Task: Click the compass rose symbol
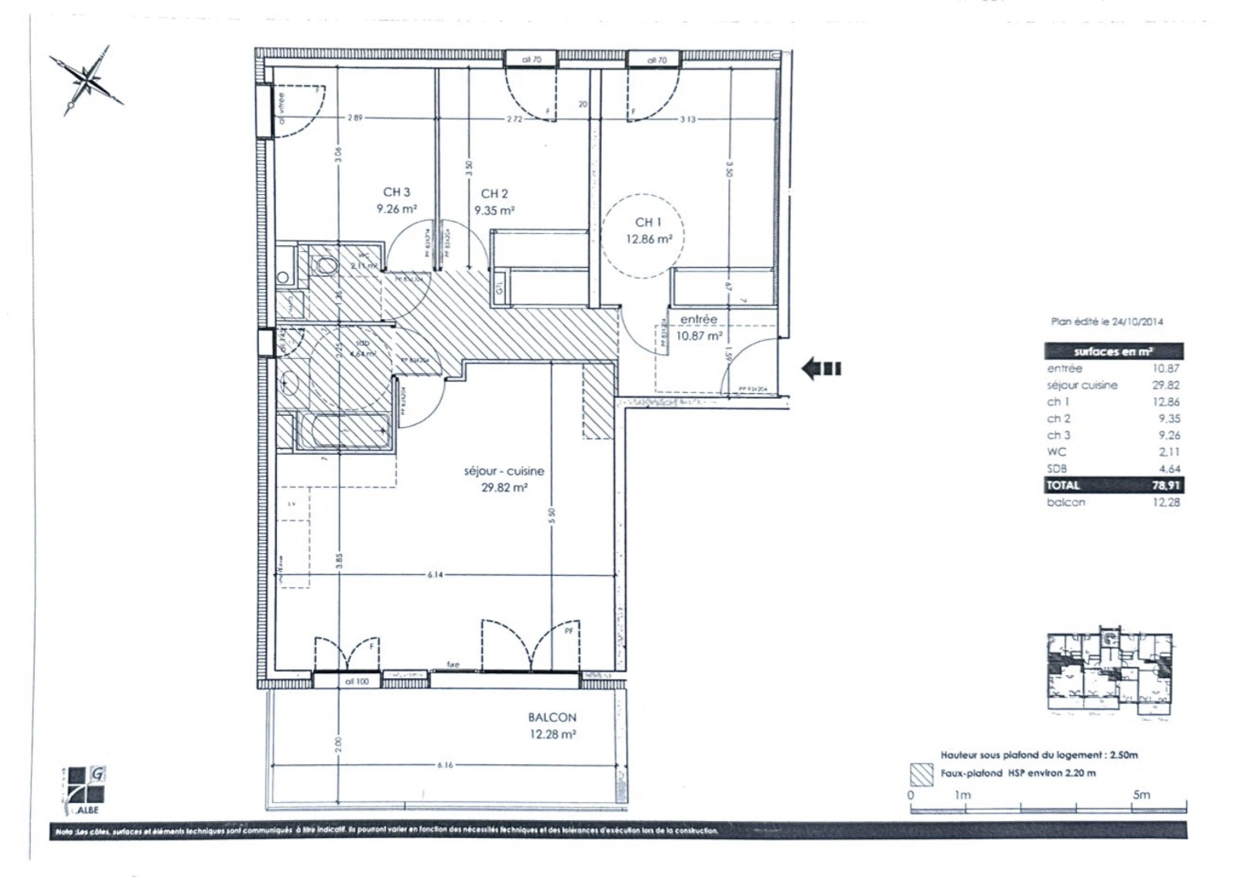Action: point(87,80)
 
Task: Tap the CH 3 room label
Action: point(396,192)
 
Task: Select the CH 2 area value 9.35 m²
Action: point(495,210)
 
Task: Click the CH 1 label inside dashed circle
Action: point(647,222)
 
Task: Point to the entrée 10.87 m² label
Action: point(699,327)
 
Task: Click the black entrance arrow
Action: point(821,369)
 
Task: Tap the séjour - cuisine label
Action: point(503,471)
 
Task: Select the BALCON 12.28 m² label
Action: point(552,726)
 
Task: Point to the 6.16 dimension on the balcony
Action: point(444,765)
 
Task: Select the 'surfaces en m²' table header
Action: point(1113,352)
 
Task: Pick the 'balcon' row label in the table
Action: point(1065,502)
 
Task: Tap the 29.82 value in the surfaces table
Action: point(1166,385)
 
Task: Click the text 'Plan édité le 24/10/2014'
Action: point(1107,322)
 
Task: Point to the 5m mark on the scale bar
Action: point(1141,794)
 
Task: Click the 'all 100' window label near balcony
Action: point(356,681)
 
